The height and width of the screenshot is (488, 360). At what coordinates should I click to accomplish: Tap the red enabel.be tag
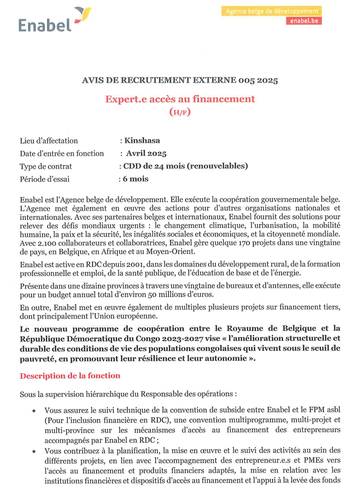point(303,21)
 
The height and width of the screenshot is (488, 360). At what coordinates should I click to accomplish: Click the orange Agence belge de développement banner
point(271,11)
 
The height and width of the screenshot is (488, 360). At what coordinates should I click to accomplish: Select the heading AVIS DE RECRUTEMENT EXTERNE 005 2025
point(179,80)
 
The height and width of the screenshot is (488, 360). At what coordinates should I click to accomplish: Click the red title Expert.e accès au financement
point(180,99)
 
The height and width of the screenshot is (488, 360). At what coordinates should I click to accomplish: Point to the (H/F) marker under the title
point(180,112)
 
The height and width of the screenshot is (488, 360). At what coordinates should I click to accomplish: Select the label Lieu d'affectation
point(49,140)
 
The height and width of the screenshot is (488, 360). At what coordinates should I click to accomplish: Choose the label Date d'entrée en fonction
point(62,153)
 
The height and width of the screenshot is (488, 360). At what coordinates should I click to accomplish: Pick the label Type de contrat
point(46,166)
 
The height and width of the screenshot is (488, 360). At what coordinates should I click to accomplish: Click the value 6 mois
point(135,178)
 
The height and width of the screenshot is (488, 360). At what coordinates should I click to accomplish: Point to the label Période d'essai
point(45,179)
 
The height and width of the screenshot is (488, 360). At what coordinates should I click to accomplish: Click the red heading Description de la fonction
point(70,376)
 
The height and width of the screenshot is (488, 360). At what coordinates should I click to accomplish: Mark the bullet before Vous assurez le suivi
point(34,411)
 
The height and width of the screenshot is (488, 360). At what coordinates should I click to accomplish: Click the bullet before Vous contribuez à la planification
point(34,451)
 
